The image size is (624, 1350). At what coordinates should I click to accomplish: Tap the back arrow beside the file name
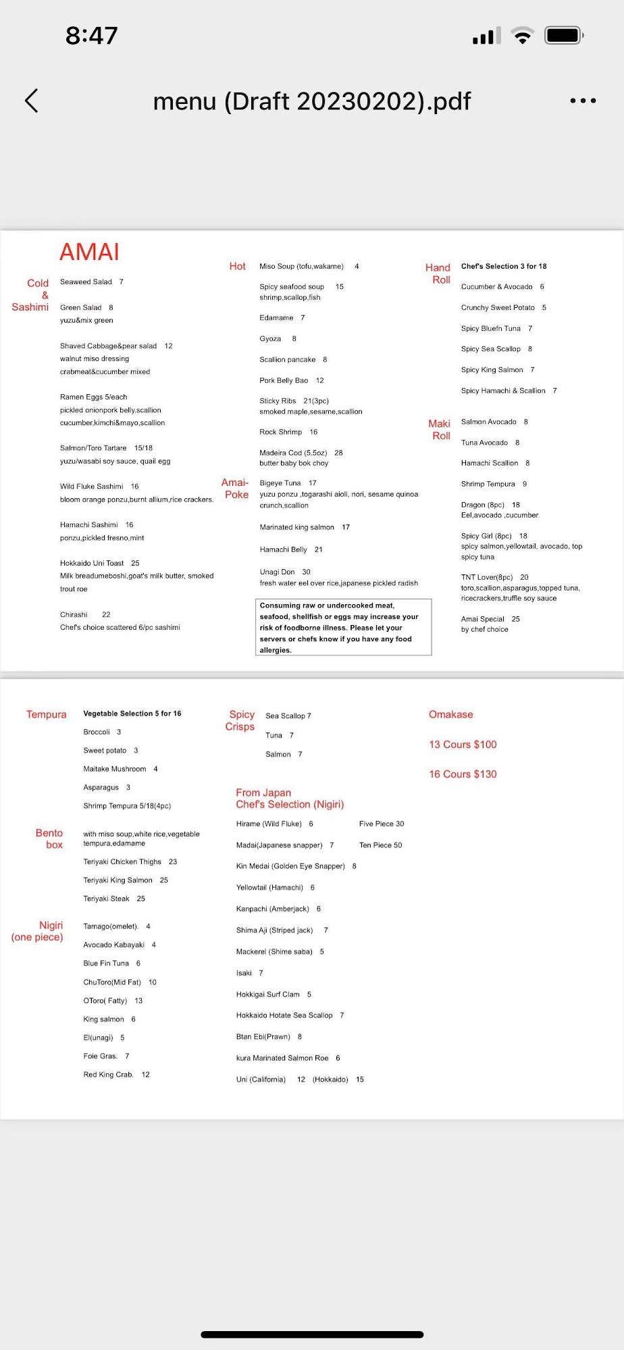coord(32,101)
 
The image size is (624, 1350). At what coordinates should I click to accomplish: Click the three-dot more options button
coord(582,101)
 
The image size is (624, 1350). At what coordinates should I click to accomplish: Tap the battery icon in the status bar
coord(563,35)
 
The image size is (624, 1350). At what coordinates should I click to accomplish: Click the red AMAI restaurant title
coord(89,252)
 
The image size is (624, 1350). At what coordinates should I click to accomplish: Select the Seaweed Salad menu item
coord(86,281)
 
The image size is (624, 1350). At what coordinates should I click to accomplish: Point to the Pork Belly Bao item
coord(284,380)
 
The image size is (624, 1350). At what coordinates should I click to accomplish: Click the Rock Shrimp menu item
coord(281,432)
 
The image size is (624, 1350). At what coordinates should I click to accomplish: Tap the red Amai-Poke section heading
coord(235,488)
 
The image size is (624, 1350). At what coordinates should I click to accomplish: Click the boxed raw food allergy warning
coord(343,627)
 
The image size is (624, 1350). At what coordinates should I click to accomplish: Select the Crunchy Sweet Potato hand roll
coord(498,308)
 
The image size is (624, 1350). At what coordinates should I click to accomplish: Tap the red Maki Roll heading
coord(440,429)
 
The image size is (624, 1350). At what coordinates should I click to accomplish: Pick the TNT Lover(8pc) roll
coord(488,577)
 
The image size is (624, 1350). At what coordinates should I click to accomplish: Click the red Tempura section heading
coord(47,714)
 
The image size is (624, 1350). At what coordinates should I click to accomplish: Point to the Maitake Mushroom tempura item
coord(115,769)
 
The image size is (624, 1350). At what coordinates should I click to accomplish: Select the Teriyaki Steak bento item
coord(107,898)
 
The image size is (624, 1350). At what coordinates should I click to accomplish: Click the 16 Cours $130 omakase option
coord(463,774)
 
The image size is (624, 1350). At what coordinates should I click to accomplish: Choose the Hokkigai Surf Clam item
coord(268,994)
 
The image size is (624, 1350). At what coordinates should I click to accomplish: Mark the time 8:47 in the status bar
coord(92,35)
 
